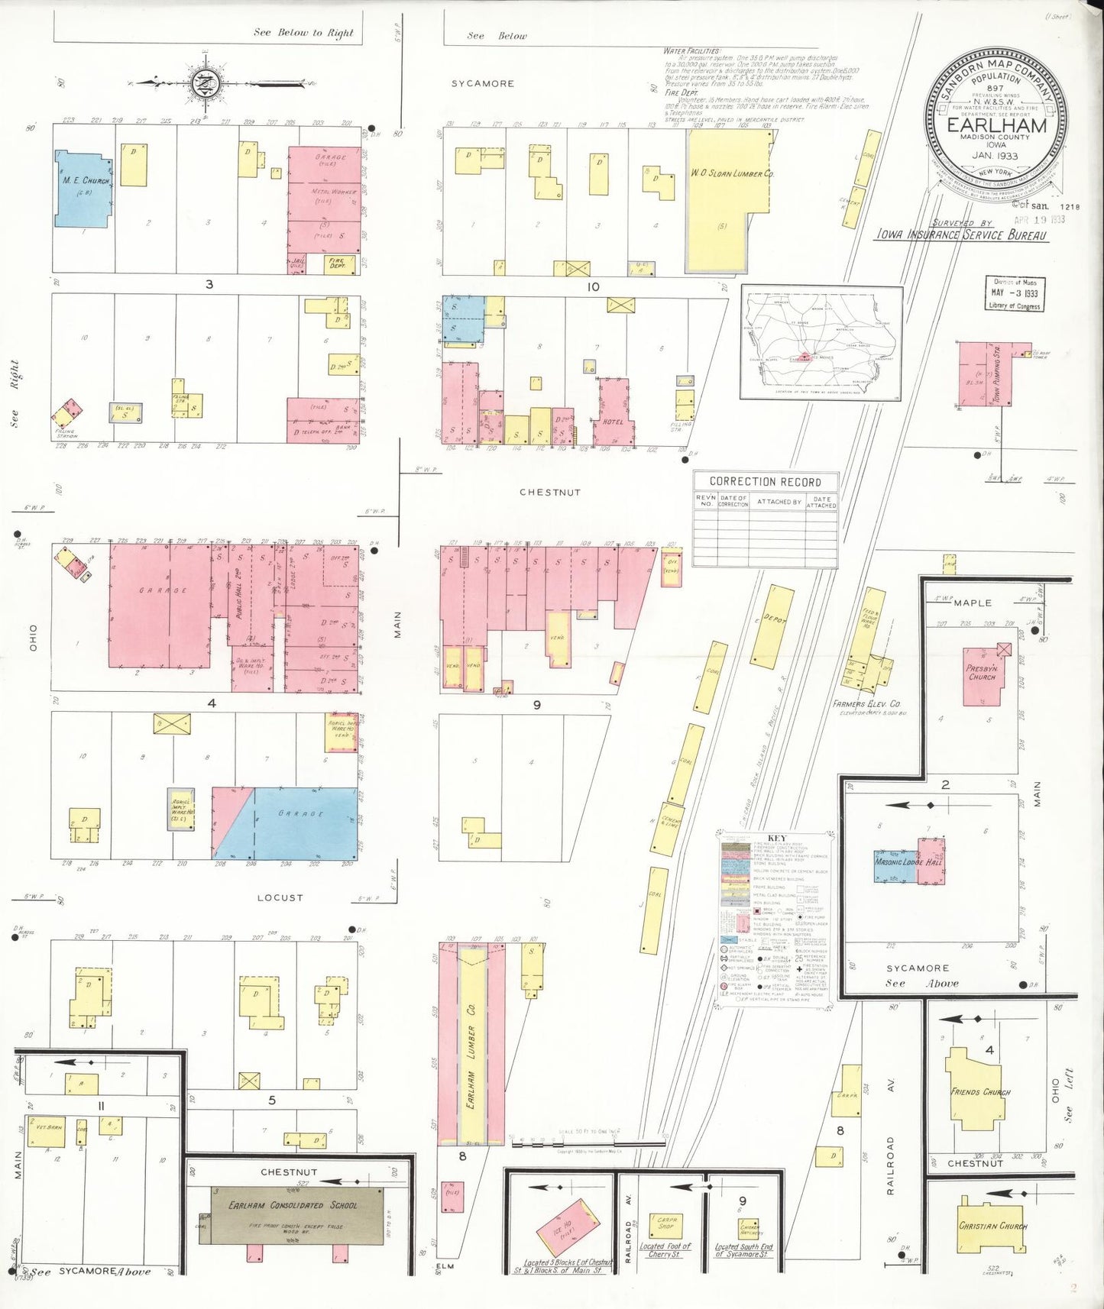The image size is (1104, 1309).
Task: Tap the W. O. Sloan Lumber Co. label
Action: point(731,173)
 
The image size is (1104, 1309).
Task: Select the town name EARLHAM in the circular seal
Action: point(996,125)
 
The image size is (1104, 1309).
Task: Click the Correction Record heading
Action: point(765,482)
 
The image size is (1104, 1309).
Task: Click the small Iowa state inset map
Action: point(821,343)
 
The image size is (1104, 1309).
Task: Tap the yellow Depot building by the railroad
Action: point(772,626)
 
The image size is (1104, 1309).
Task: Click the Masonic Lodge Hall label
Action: point(908,861)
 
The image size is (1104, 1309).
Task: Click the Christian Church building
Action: point(991,1227)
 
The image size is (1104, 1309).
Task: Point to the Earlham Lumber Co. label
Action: point(472,1046)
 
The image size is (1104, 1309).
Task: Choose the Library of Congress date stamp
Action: point(1014,293)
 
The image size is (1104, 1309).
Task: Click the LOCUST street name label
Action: point(280,897)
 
